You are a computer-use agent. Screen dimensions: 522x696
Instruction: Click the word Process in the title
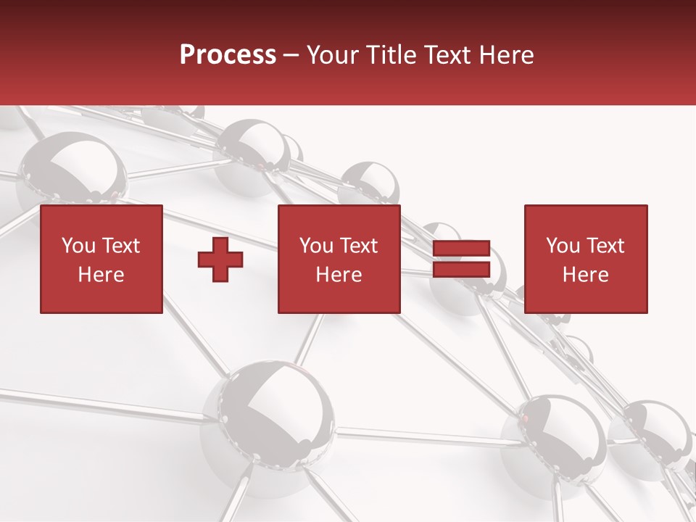(x=228, y=55)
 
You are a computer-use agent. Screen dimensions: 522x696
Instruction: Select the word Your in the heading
(x=332, y=55)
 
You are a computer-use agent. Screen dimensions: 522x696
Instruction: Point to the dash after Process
(x=291, y=56)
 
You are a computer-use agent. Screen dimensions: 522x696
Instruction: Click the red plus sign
(x=220, y=260)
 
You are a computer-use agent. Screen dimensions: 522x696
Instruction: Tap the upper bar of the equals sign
(x=461, y=249)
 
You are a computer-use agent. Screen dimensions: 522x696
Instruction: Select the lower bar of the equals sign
(x=461, y=270)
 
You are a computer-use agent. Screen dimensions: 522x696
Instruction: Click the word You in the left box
(x=78, y=246)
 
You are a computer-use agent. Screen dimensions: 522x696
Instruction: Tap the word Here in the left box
(x=101, y=275)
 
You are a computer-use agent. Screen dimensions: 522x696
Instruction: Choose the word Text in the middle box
(x=358, y=246)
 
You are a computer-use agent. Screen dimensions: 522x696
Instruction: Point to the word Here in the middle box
(x=339, y=275)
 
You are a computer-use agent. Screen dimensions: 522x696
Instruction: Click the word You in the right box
(x=563, y=246)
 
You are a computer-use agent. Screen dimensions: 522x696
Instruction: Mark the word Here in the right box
(x=585, y=275)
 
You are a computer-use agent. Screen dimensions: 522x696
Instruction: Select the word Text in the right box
(x=605, y=246)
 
